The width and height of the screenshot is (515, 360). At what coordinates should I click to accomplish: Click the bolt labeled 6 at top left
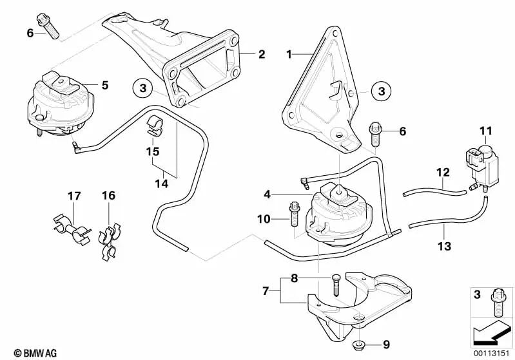coord(48,26)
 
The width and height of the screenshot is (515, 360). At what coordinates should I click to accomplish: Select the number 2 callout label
coord(262,54)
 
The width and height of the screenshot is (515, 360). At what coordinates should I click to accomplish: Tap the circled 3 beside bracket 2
coord(142,88)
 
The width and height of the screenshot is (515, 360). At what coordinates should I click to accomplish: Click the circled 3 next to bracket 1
coord(382,91)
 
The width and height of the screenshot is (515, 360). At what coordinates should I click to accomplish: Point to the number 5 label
coord(105,85)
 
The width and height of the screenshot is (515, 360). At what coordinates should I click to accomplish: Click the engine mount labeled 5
coord(61,104)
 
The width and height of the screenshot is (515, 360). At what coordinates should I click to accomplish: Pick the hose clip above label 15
coord(154,126)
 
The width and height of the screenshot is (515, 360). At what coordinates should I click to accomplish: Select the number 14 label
coord(162,184)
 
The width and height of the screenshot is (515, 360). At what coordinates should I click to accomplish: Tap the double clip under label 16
coord(110,242)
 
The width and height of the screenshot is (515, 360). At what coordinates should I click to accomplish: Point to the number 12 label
coord(443,173)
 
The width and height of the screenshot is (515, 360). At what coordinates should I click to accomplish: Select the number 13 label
coord(444,246)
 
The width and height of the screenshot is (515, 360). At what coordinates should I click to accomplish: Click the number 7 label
coord(266,290)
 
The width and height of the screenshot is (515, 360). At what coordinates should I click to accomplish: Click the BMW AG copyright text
coord(35,353)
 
